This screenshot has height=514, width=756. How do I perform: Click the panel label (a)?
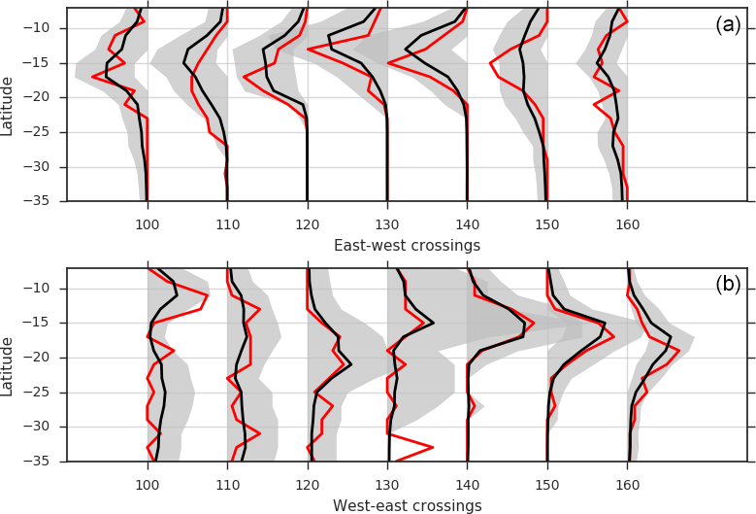(x=728, y=26)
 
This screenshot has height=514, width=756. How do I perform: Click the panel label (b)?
(x=728, y=285)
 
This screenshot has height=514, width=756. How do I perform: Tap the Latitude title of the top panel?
(x=9, y=104)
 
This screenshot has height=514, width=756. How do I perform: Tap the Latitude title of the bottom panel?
(x=9, y=364)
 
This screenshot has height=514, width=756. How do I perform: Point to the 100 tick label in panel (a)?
(x=148, y=224)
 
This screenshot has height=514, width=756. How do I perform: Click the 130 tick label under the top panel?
(x=387, y=224)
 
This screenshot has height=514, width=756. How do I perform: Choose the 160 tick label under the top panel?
(x=627, y=224)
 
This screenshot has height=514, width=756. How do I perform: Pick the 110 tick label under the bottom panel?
(x=227, y=484)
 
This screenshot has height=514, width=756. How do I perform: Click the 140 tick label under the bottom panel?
(x=467, y=484)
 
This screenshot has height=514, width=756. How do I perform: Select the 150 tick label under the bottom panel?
(x=547, y=484)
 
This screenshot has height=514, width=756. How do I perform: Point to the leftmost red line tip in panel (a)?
(x=93, y=76)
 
